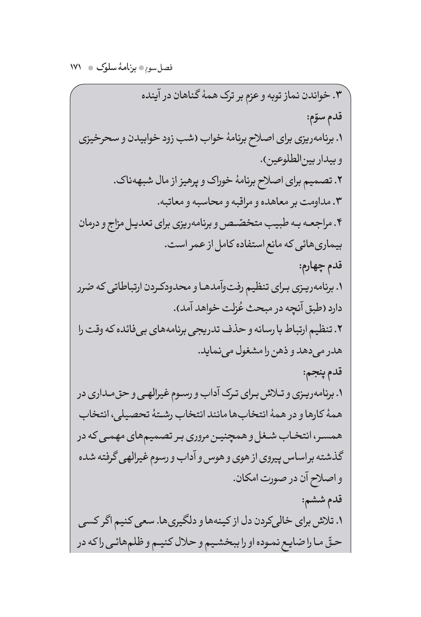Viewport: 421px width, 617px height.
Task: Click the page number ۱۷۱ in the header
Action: click(x=76, y=67)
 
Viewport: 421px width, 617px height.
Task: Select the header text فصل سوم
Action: click(x=160, y=68)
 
